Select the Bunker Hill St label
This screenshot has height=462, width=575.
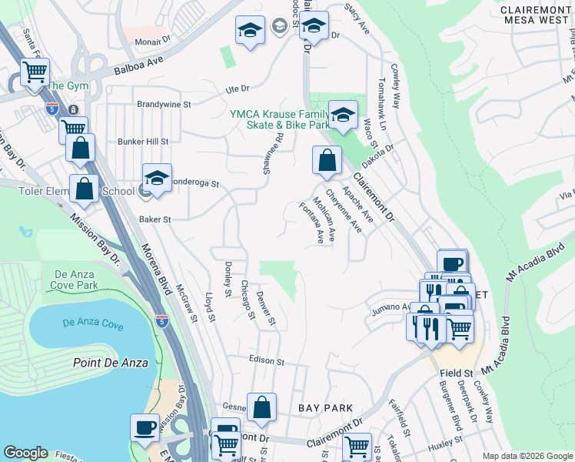pos(142,142)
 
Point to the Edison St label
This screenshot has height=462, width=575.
pos(266,360)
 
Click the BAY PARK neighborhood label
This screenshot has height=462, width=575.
pos(326,407)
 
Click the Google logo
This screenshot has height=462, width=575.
pos(25,453)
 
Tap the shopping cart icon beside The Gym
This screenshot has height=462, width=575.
pos(35,72)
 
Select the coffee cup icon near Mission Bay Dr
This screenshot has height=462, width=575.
pos(145,427)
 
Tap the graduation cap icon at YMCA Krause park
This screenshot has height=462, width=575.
pos(343,115)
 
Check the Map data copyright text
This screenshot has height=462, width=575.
pos(527,455)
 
